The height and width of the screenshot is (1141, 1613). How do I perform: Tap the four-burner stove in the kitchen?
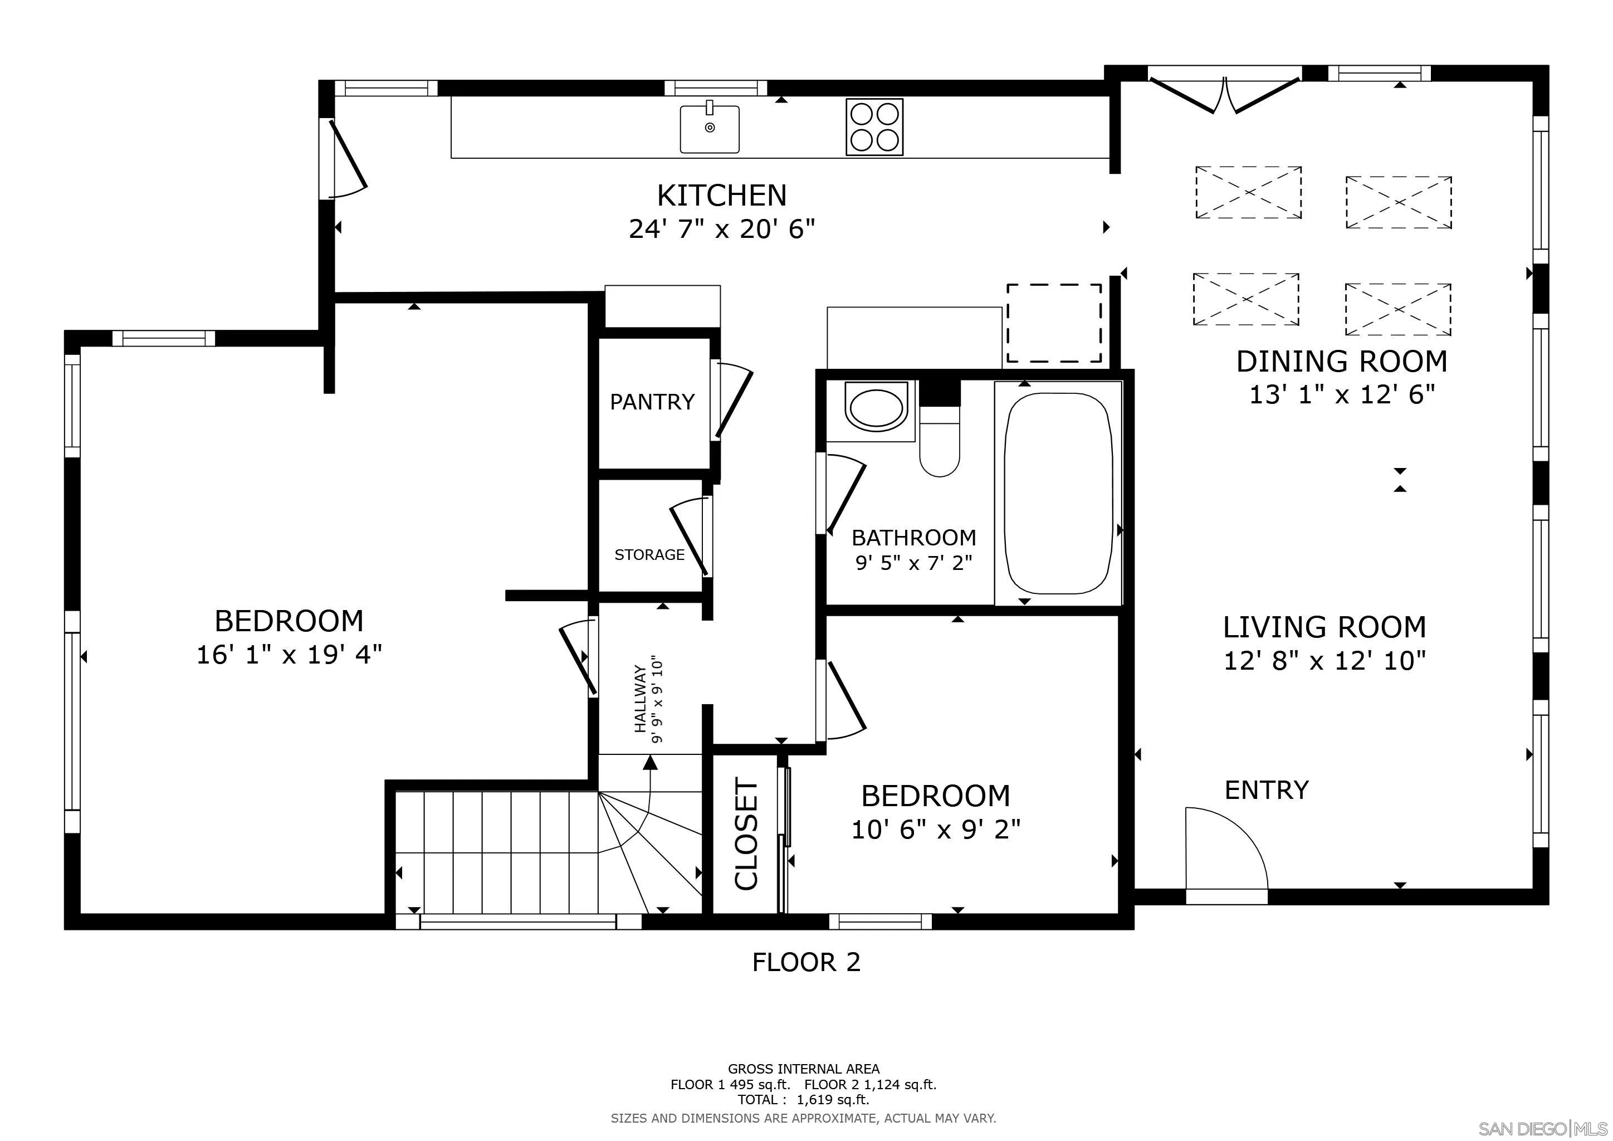pos(874,127)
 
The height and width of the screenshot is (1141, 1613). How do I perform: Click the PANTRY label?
pos(652,402)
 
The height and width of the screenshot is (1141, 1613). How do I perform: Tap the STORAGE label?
pos(649,555)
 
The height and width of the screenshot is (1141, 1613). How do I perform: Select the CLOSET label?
pos(746,834)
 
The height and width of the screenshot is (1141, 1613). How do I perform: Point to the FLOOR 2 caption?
pos(806,962)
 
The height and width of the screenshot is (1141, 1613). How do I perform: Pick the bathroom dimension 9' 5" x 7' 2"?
pos(913,563)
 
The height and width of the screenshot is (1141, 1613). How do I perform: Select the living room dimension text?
pos(1324,660)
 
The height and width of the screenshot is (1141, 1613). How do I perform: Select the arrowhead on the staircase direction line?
pos(650,762)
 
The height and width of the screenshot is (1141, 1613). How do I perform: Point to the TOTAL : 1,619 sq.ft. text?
pos(803,1100)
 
